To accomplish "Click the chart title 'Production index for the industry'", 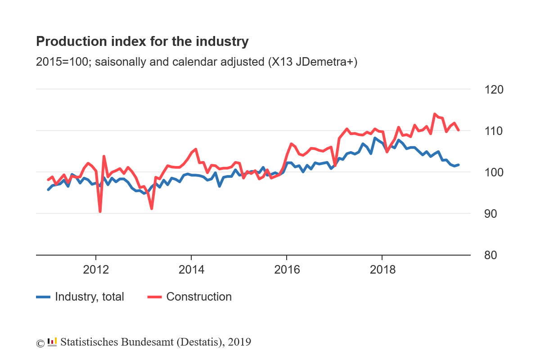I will pos(142,42).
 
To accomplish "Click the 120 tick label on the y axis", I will pos(494,90).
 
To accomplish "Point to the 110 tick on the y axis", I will pos(494,131).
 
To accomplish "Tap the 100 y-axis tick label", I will pos(494,172).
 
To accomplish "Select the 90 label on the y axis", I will pos(494,214).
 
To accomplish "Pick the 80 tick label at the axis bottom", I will pos(494,255).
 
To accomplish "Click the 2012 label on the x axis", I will pos(96,270).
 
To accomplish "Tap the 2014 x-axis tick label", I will pos(191,270).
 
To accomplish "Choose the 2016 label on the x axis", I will pos(287,270).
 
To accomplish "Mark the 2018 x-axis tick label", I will pos(382,270).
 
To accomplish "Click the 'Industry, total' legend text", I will pos(89,297).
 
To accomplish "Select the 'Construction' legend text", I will pos(199,297).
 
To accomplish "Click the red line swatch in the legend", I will pos(154,297).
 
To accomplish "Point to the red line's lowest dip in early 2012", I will pos(100,211).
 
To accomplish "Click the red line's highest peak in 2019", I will pos(435,114).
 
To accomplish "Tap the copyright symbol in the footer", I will pos(40,343).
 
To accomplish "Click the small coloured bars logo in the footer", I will pos(52,342).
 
